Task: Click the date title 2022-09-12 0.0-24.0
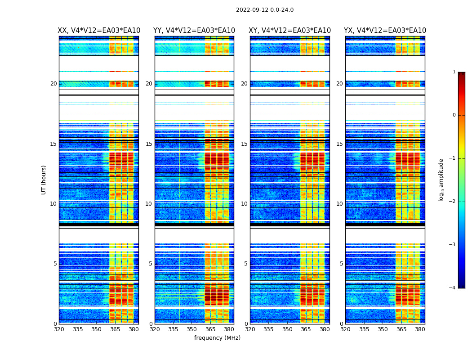click(265, 10)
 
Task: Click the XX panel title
click(99, 31)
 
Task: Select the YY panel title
click(194, 31)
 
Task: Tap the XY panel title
click(290, 31)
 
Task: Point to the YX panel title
click(385, 31)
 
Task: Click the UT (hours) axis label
click(44, 180)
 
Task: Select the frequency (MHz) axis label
click(217, 338)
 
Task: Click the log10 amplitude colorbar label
click(441, 180)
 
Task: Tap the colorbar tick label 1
click(454, 72)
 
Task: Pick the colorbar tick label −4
click(453, 288)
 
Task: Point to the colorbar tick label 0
click(454, 115)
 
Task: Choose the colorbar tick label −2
click(453, 202)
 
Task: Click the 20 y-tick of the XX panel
click(53, 84)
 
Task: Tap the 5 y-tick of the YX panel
click(341, 264)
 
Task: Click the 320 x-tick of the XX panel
click(59, 329)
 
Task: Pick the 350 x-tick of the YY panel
click(192, 329)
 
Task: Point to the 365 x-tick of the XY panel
click(306, 329)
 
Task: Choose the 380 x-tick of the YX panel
click(420, 329)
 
